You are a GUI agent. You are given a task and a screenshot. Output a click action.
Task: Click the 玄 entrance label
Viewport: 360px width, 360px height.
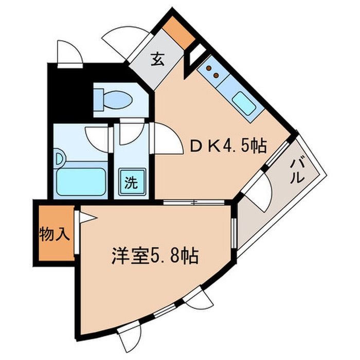coord(157,59)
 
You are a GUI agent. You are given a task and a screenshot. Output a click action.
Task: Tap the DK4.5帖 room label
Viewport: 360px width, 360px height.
coord(228,146)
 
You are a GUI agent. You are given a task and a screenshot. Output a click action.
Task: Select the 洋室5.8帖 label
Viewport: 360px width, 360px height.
coord(155,256)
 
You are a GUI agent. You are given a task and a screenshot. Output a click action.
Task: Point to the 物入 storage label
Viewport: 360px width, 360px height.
coord(55,234)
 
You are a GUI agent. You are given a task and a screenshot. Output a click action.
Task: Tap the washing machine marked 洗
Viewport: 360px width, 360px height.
coord(131,182)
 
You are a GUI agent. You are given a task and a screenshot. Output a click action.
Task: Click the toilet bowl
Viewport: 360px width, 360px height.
coord(117,100)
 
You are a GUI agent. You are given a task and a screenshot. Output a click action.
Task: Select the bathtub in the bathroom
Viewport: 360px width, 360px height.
coord(81,182)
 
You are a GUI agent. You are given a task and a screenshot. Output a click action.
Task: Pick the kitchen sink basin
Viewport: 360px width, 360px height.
coord(244,104)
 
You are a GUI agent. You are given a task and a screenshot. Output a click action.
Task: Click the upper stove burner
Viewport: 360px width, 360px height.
coord(209,68)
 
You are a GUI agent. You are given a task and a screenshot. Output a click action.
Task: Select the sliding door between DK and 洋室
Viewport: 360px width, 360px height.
coord(193,202)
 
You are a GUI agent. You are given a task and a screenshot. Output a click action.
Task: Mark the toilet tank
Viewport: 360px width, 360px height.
coord(98,100)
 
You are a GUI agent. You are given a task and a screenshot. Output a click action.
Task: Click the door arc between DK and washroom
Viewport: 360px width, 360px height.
coord(166,138)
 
